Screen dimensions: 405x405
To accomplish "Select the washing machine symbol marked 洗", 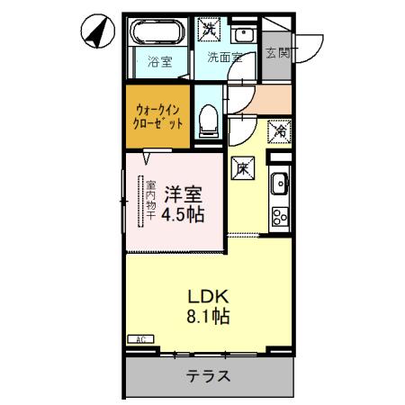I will [210, 29].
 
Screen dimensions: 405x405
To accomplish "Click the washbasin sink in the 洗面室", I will [243, 35].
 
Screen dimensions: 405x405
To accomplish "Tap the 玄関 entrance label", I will [278, 53].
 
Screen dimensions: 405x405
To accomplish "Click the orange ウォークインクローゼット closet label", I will [158, 114].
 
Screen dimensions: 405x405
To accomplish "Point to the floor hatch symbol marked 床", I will [242, 166].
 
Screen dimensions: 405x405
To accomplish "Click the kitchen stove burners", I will [279, 216].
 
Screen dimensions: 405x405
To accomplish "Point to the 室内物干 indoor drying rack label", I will [150, 201].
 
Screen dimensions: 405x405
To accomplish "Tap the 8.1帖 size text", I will [207, 317].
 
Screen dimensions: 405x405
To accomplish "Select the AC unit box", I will [140, 339].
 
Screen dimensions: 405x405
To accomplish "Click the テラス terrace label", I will [208, 377].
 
